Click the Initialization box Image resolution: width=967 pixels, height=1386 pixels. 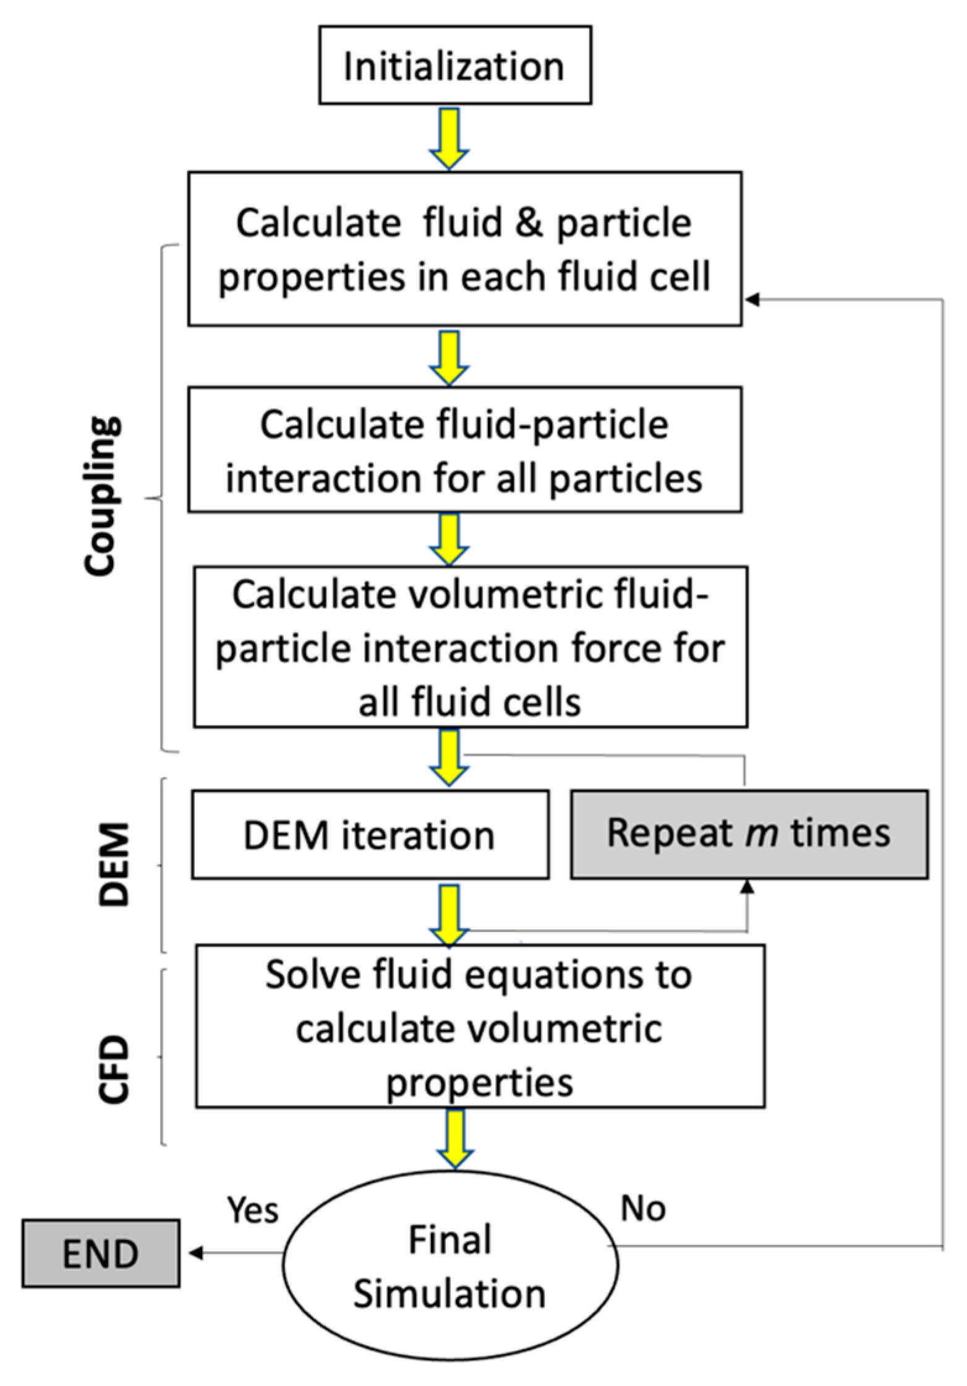click(454, 65)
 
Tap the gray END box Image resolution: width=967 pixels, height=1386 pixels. click(101, 1254)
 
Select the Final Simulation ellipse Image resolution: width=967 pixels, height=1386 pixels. click(450, 1265)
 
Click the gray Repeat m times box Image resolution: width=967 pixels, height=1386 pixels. click(749, 833)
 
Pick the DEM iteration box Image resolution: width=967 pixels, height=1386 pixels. click(370, 834)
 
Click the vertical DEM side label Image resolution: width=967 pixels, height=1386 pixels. click(114, 864)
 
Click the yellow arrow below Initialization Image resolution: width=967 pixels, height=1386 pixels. click(449, 139)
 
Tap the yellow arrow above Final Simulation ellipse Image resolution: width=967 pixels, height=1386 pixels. click(454, 1139)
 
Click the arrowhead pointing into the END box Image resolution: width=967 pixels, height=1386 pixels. click(195, 1254)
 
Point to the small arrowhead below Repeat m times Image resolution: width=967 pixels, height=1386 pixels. click(748, 887)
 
